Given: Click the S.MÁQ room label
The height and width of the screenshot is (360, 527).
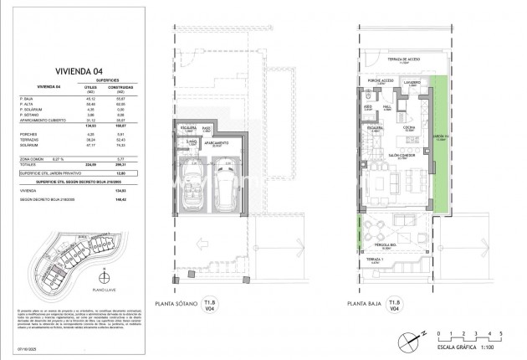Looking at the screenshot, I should (x=192, y=142).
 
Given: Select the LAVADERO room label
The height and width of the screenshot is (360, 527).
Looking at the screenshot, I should (x=408, y=83).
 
